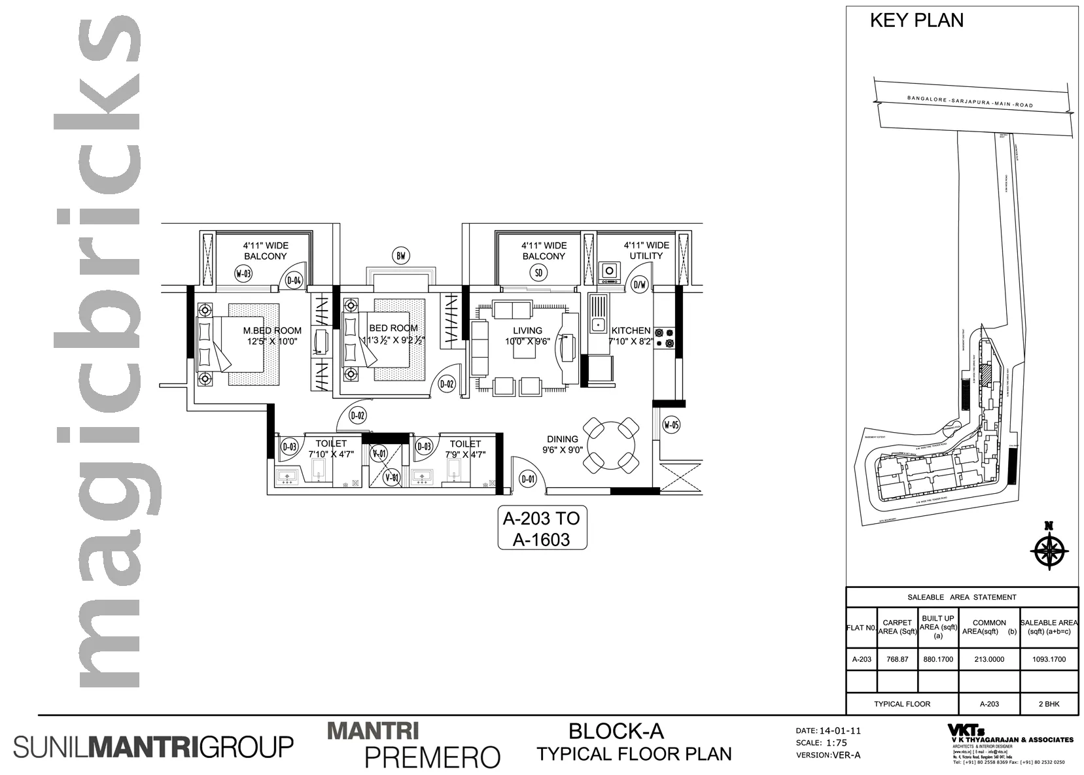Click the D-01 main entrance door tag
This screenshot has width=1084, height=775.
click(527, 479)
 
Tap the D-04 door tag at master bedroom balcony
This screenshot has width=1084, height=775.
click(294, 281)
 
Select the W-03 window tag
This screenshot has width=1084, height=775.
click(243, 273)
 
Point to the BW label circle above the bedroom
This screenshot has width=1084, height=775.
click(401, 256)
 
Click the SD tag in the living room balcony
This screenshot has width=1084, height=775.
click(539, 273)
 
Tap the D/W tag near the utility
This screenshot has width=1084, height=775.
click(639, 284)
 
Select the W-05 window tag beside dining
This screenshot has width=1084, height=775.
click(671, 425)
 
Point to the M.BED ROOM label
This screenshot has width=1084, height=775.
click(272, 330)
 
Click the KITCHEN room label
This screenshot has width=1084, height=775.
click(631, 330)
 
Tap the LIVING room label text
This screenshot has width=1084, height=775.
click(527, 330)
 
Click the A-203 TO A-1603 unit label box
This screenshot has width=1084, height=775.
click(542, 528)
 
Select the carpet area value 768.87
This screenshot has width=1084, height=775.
click(897, 659)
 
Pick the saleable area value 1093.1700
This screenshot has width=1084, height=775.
click(1049, 659)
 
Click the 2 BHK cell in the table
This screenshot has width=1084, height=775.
click(1049, 704)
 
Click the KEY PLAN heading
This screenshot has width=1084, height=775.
click(916, 20)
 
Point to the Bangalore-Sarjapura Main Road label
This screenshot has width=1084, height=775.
click(970, 101)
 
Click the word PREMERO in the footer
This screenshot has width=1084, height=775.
click(432, 757)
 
